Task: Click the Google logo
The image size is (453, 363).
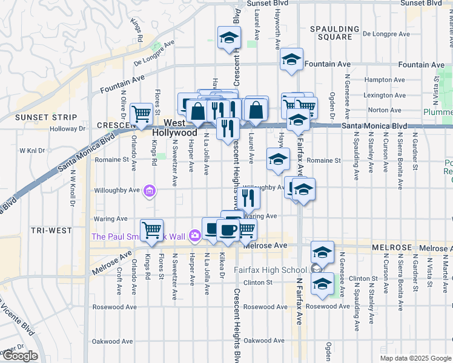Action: [x=21, y=356]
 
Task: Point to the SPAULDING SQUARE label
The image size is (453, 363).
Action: [x=331, y=33]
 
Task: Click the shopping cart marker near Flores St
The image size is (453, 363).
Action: [x=142, y=113]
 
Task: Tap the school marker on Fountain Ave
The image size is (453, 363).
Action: [x=291, y=59]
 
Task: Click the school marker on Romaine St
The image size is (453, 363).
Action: [x=279, y=159]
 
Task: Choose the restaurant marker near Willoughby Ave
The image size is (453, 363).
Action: [x=248, y=196]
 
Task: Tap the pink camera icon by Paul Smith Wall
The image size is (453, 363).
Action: [x=194, y=235]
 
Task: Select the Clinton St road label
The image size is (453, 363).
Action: [x=259, y=283]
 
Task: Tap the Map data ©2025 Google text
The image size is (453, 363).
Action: [x=415, y=358]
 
